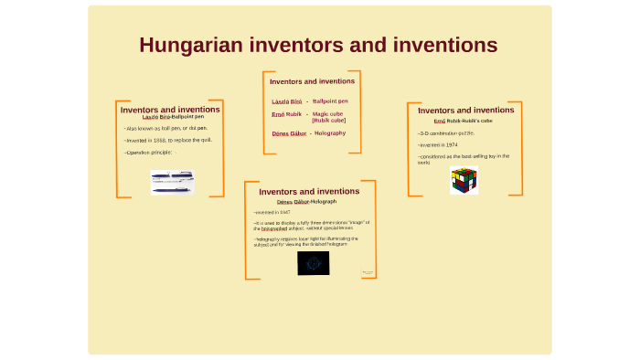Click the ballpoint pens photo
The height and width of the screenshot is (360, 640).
[172, 182]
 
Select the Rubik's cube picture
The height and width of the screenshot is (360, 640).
[464, 181]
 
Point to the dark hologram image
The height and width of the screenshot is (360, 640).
[313, 264]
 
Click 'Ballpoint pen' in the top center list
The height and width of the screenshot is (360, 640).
[330, 101]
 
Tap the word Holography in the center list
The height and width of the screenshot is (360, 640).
[330, 133]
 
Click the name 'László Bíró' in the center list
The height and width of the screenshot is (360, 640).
[286, 101]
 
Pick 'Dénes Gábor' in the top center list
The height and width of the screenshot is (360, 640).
[289, 133]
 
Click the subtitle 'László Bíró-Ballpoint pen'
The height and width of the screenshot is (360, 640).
[174, 117]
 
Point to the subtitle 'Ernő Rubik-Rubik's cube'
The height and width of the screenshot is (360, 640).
[463, 121]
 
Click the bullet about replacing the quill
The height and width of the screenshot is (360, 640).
[168, 140]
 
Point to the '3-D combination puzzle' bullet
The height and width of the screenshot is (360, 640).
[446, 133]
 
